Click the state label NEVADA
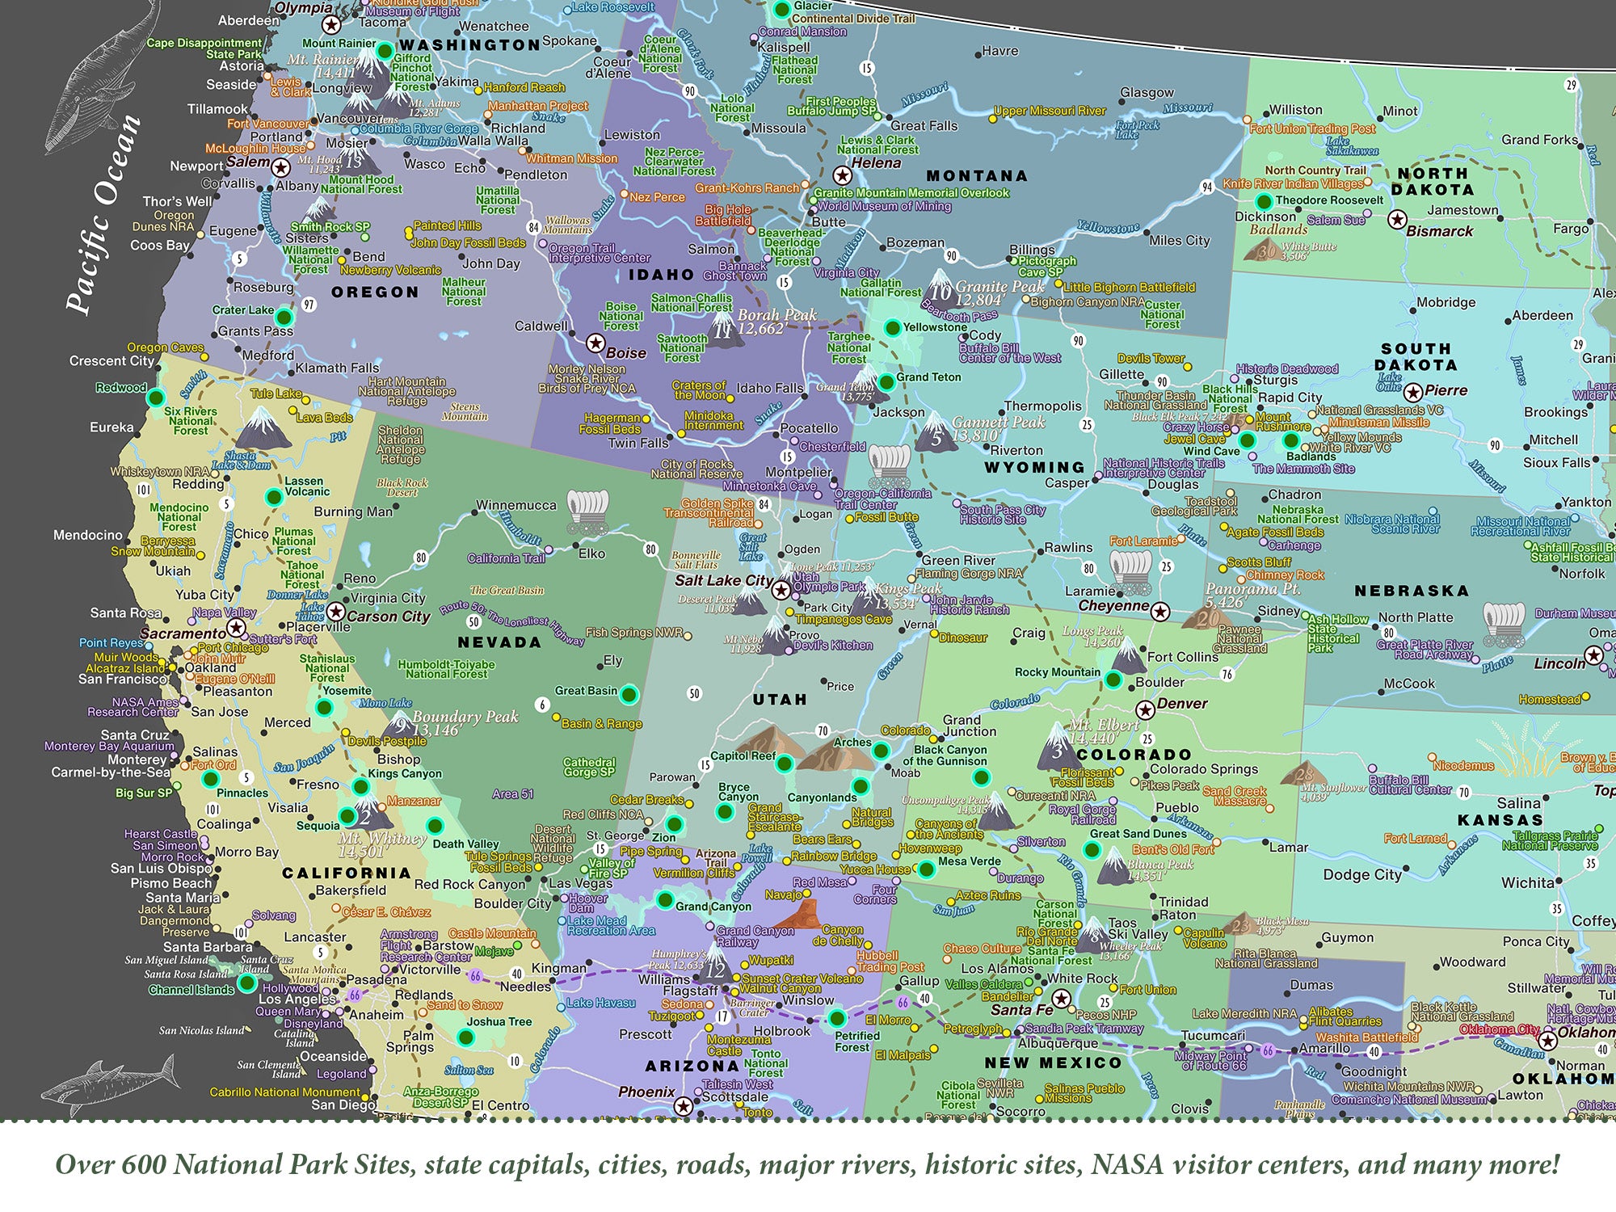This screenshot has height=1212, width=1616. [x=499, y=642]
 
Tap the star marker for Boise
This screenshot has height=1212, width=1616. [x=595, y=343]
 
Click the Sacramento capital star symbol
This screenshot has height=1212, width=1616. [x=236, y=628]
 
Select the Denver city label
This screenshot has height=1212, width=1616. [x=1182, y=704]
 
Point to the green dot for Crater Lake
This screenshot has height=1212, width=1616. [x=284, y=316]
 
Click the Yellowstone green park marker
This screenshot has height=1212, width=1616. [x=892, y=327]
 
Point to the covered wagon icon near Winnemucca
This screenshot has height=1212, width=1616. [x=587, y=511]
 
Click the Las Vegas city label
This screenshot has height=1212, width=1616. [x=580, y=883]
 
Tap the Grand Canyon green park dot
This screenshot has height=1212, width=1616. [x=665, y=899]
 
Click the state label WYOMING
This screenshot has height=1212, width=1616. [x=1033, y=467]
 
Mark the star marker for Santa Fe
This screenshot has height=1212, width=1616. [x=1062, y=999]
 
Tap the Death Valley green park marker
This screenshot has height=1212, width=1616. [x=435, y=826]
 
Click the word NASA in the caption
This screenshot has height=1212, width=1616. [x=1127, y=1165]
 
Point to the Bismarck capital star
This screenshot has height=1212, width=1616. [x=1397, y=219]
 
